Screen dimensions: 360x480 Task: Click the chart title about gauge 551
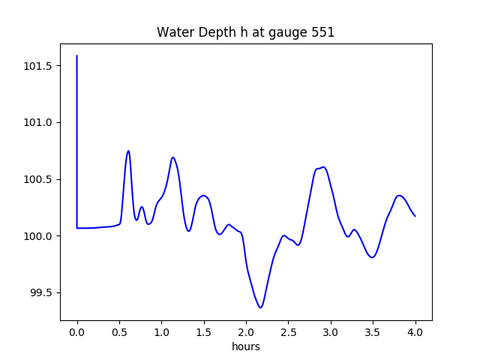pos(245,32)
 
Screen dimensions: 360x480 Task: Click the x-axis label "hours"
pos(245,346)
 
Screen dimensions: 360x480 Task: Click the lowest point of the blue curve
pos(260,307)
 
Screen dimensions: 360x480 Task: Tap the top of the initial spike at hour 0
pos(77,55)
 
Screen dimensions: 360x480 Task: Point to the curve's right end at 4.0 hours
pos(415,216)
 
